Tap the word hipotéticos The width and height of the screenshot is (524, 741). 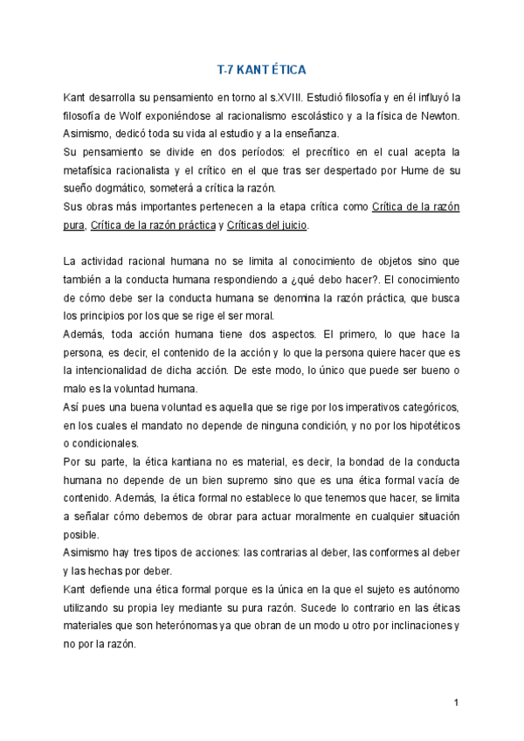pyautogui.click(x=430, y=426)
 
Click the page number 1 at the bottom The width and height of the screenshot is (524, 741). pyautogui.click(x=456, y=703)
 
